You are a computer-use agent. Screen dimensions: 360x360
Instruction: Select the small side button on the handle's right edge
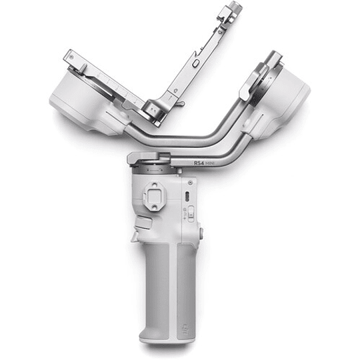[201, 233]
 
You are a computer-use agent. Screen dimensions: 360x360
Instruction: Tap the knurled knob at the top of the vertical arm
[234, 9]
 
